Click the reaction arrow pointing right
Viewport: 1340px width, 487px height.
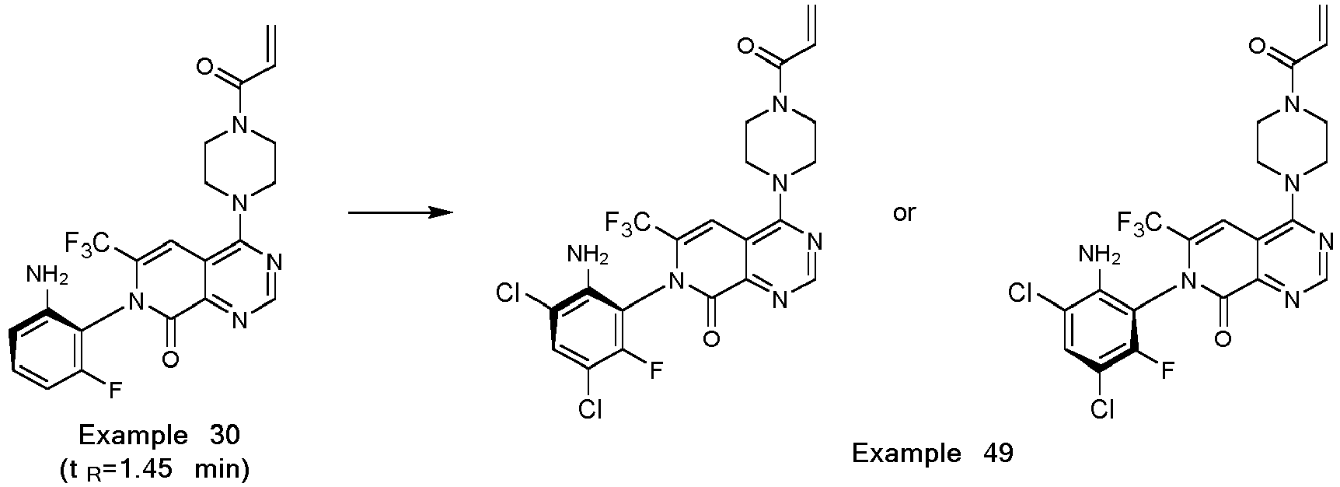pos(400,212)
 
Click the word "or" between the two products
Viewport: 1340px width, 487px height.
pos(904,212)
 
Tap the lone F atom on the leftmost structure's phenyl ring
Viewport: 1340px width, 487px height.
pos(115,390)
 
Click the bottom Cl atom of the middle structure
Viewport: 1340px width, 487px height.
pos(591,408)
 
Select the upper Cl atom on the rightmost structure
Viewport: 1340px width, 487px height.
pos(1022,293)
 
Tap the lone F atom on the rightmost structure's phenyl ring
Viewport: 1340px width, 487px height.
pos(1167,370)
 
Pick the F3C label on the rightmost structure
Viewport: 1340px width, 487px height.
pos(1140,223)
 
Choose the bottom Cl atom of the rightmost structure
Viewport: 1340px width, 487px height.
pos(1101,408)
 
